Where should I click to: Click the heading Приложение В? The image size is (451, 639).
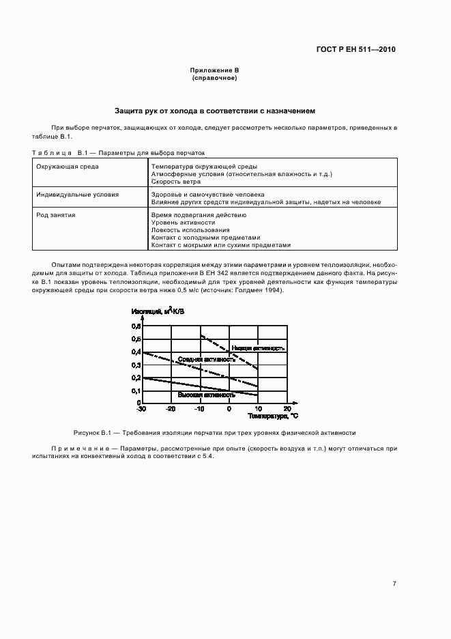(214, 71)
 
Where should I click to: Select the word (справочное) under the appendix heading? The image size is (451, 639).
(214, 79)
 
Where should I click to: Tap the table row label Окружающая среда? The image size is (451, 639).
(68, 166)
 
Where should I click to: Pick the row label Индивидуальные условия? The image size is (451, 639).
(77, 195)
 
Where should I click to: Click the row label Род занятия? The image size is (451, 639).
(56, 215)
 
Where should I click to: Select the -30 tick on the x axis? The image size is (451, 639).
(141, 410)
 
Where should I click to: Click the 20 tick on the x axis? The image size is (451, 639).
(287, 410)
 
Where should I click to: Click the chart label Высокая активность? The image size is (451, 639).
(206, 395)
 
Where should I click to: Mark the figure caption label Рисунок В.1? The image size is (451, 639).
(91, 434)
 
